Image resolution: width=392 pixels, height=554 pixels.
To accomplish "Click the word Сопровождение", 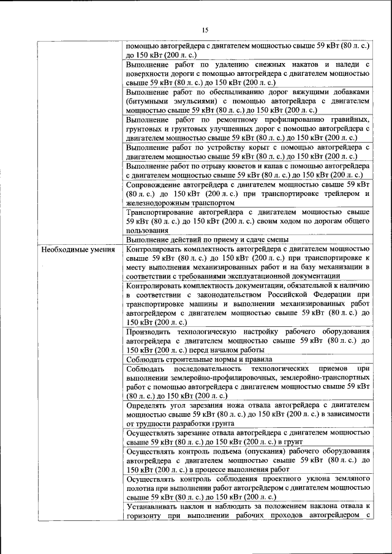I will tap(157, 184).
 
